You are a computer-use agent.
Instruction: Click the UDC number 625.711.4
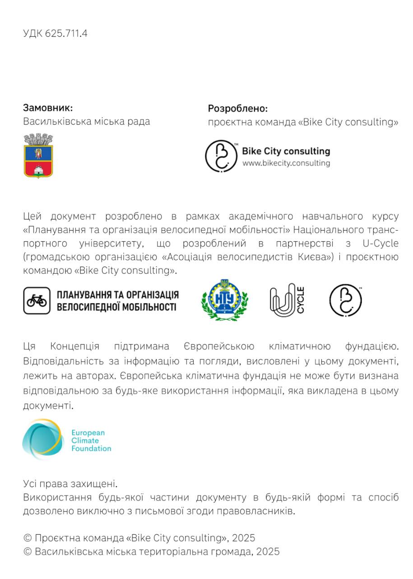[x=66, y=33]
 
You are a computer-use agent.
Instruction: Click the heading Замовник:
[x=48, y=108]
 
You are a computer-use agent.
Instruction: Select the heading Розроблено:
[x=237, y=109]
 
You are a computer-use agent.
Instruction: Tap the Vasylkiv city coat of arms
[x=38, y=155]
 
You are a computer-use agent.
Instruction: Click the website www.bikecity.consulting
[x=286, y=163]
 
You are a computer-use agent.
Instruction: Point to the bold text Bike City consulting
[x=286, y=151]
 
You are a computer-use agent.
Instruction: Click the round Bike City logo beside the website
[x=221, y=156]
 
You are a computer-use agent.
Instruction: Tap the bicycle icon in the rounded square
[x=37, y=301]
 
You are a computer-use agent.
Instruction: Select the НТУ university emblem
[x=224, y=300]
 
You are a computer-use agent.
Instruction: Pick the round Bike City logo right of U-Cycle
[x=346, y=301]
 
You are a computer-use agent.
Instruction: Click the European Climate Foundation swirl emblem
[x=43, y=440]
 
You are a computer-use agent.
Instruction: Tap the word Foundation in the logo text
[x=91, y=449]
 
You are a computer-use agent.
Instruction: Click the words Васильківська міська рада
[x=87, y=121]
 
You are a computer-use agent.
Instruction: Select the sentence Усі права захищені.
[x=70, y=484]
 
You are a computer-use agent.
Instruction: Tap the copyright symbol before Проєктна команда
[x=28, y=538]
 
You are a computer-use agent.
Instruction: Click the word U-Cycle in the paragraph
[x=380, y=244]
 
